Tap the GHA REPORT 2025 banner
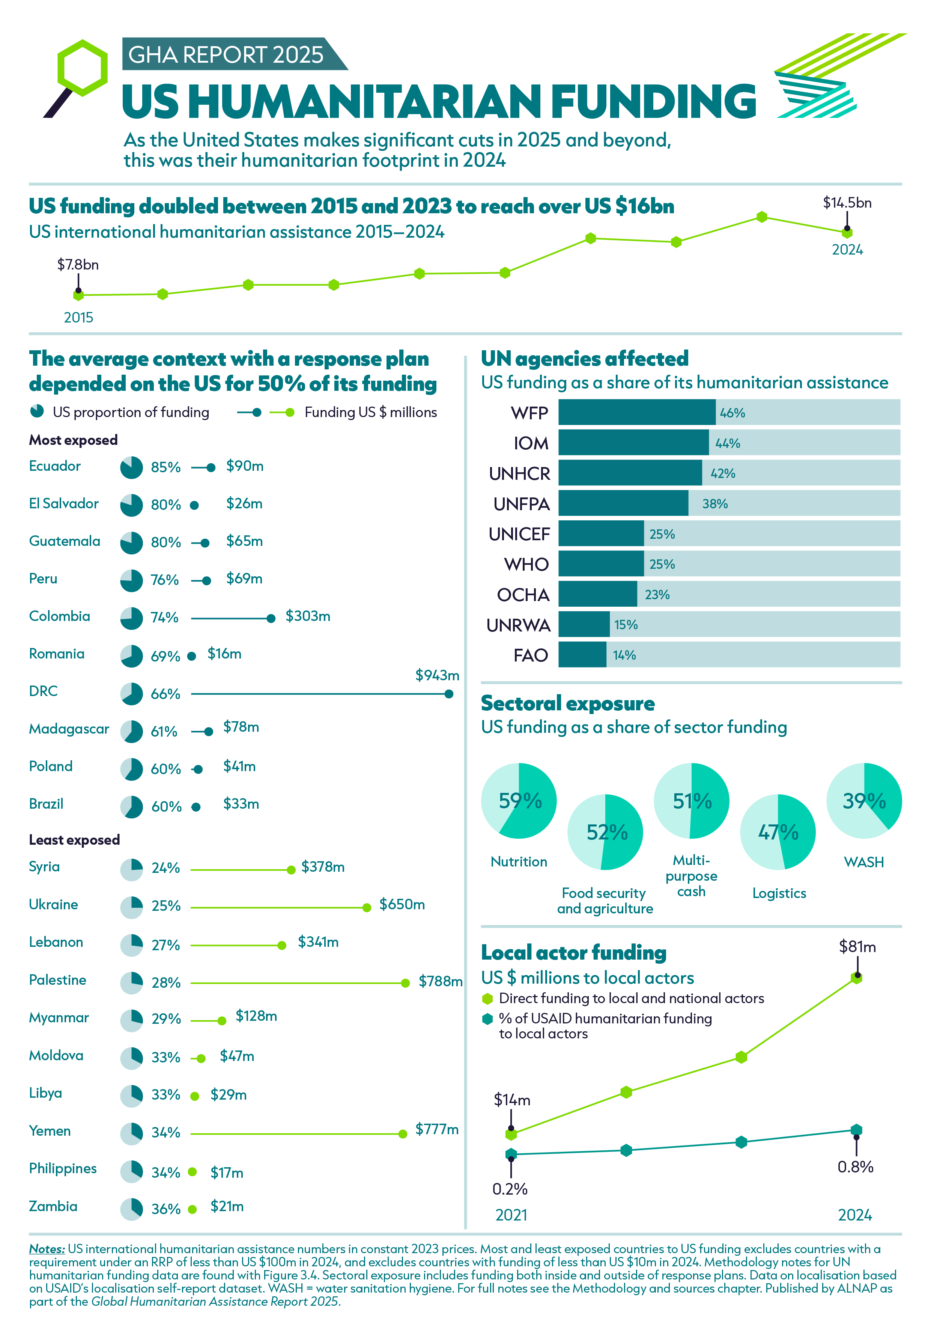click(x=226, y=54)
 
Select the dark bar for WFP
click(x=636, y=413)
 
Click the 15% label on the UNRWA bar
click(x=626, y=625)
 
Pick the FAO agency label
click(x=530, y=655)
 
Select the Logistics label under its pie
click(x=779, y=893)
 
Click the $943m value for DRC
click(x=437, y=675)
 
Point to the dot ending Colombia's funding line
click(x=271, y=618)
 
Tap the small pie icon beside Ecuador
click(x=131, y=467)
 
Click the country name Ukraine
click(x=53, y=904)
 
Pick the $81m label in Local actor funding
click(x=857, y=946)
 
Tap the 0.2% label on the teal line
click(x=510, y=1189)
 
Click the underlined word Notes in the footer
click(x=47, y=1249)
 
